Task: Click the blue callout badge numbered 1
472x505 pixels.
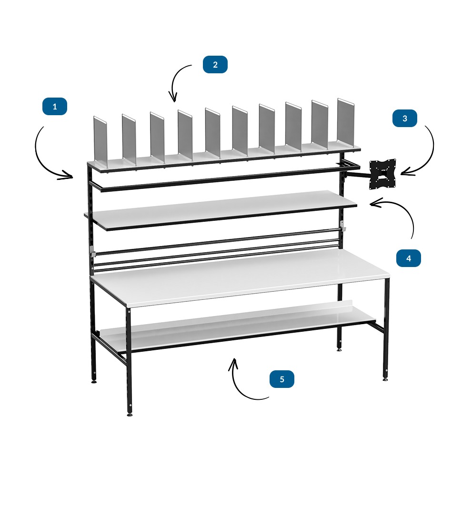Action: [x=55, y=106]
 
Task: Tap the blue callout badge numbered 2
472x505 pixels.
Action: [x=215, y=64]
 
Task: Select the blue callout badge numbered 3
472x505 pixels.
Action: [x=405, y=118]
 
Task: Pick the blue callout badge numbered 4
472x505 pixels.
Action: [x=409, y=258]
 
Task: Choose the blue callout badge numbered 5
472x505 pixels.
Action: [x=282, y=379]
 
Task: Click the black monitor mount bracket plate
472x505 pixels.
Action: [x=382, y=174]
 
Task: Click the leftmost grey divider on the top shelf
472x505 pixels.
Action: [x=100, y=142]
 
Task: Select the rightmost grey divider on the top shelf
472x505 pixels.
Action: [x=346, y=123]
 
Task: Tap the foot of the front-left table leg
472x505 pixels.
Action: [x=130, y=415]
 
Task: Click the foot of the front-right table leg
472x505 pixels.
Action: [x=385, y=379]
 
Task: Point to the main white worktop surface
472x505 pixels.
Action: [x=240, y=276]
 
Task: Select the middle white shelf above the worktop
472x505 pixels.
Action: [x=221, y=210]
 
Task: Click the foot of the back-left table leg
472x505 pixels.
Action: [x=94, y=382]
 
